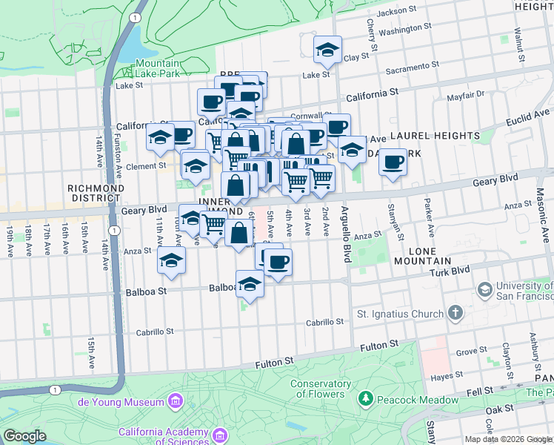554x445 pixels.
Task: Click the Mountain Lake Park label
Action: tap(157, 69)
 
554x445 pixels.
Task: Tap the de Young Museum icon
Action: tap(176, 402)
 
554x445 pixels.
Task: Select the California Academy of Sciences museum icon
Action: tap(219, 433)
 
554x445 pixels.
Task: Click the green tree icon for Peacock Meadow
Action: tap(364, 400)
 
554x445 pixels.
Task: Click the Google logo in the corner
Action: tap(24, 436)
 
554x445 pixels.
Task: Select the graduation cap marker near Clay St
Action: tap(327, 50)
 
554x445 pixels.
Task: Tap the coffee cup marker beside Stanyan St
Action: tap(393, 161)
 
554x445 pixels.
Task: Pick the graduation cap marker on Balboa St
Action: tap(250, 284)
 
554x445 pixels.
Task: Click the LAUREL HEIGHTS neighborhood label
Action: tap(435, 136)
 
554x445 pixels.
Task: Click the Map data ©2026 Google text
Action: tap(508, 439)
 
